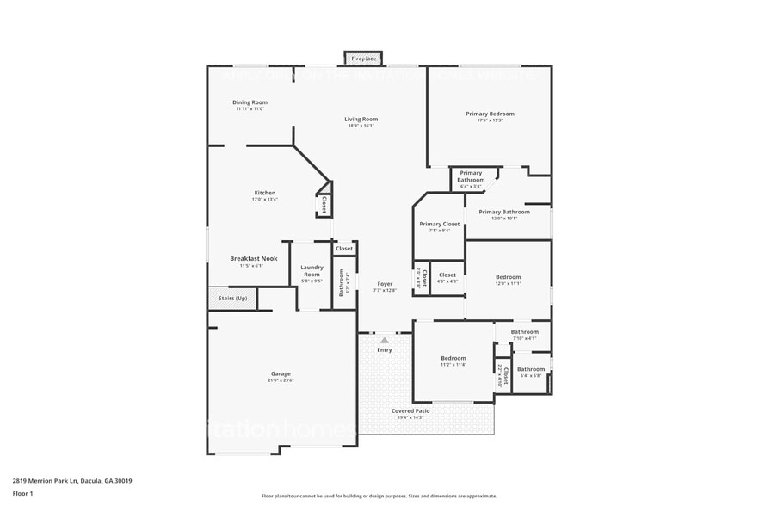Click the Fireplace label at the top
coord(362,59)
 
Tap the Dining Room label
coord(250,102)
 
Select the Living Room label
coord(361,120)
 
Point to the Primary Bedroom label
coord(490,114)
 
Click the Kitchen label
coord(264,192)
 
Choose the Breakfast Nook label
coord(253,258)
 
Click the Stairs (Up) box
coord(232,299)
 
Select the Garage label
coord(281,373)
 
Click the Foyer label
coord(385,283)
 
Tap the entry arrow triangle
coord(384,341)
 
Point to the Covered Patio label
coord(410,410)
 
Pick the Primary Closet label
coord(439,224)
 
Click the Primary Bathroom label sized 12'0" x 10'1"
coord(504,212)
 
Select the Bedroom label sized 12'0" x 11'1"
coord(508,277)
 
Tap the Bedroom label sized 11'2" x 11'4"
coord(454,358)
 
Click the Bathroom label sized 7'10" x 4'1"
coord(524,331)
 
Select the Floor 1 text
coord(22,493)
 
